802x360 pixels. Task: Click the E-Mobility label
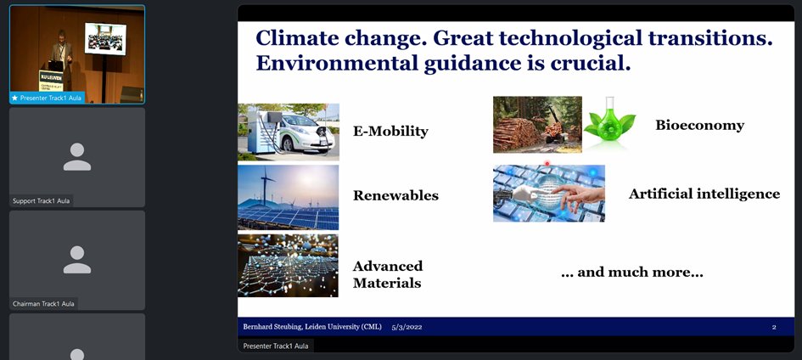coord(390,132)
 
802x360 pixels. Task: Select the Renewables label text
coord(395,195)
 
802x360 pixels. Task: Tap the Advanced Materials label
coord(387,274)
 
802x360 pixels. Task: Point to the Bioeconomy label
coord(699,126)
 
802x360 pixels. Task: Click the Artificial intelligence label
coord(704,194)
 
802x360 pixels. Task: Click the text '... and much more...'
coord(631,273)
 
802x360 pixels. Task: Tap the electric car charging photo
coord(289,132)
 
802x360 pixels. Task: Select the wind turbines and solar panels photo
coord(289,197)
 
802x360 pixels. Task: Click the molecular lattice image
coord(289,266)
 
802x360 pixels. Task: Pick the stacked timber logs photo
coord(537,125)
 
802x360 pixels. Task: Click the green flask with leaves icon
coord(609,125)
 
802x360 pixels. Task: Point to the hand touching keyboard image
coord(549,194)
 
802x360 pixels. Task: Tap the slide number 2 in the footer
coord(774,327)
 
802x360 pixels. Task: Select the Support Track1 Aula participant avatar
coord(77,156)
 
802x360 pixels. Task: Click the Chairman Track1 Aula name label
coord(42,303)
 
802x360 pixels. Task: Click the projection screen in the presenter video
coord(105,37)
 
